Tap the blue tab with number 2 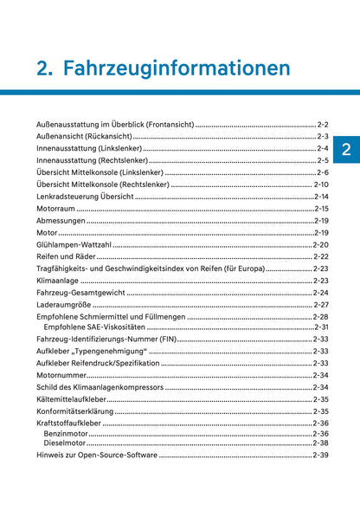(345, 149)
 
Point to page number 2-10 (320, 184)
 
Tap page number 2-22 (320, 257)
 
